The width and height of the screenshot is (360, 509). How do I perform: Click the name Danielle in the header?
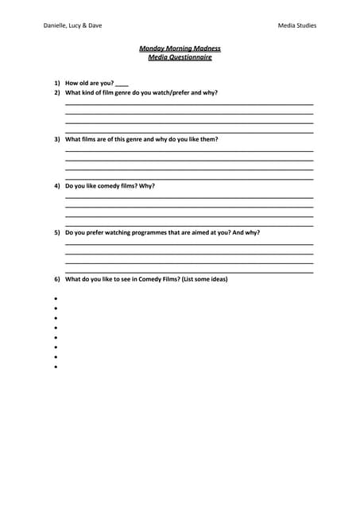pos(57,25)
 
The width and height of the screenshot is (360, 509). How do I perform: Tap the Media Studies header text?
pos(296,25)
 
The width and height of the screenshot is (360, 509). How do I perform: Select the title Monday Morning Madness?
pos(180,49)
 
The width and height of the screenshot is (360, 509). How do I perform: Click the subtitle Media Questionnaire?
pos(180,57)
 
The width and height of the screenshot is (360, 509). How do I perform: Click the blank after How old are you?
pos(122,84)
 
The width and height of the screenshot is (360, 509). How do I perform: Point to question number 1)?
pos(57,83)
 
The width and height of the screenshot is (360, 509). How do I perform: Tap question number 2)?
pos(57,92)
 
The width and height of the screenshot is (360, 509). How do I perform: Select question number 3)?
pos(57,139)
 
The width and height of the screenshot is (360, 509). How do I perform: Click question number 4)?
pos(57,186)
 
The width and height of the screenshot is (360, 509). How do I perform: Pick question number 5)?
pos(57,233)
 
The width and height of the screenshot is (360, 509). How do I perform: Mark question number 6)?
pos(57,279)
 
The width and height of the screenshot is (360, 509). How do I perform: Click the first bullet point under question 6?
pos(56,299)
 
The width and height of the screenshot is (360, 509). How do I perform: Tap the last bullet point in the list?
pos(56,367)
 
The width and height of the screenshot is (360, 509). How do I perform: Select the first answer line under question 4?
pos(188,198)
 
